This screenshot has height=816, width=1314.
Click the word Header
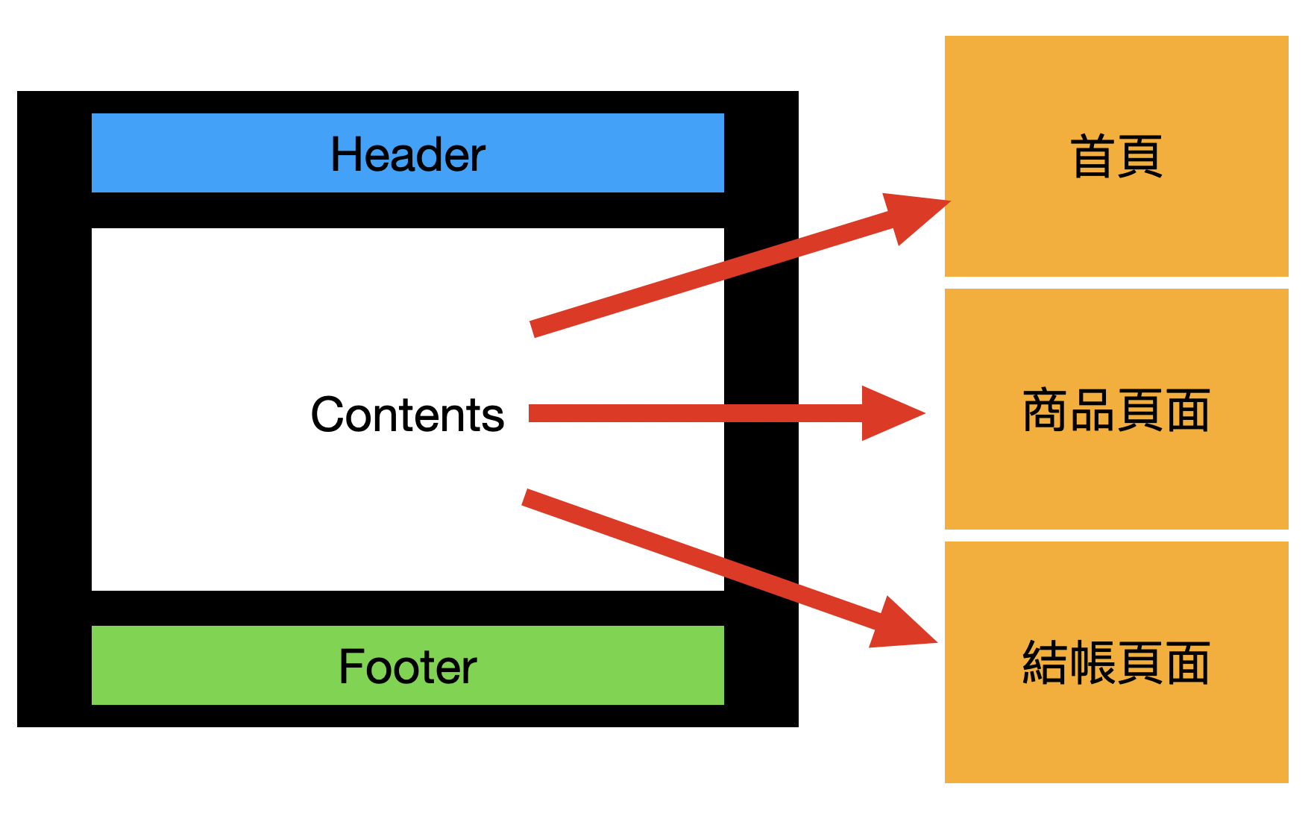pos(407,154)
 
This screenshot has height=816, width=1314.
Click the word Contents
pos(407,415)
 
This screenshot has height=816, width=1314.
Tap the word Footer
pos(407,666)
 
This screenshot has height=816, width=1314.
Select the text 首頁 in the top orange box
pos(1116,157)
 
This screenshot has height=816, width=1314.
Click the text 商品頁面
pos(1116,410)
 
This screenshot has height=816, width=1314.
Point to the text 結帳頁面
pos(1116,663)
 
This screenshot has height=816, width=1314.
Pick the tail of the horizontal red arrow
pos(534,413)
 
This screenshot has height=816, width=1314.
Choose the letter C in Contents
pos(327,415)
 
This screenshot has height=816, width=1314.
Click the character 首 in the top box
pos(1093,157)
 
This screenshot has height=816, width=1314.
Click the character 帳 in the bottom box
pos(1093,663)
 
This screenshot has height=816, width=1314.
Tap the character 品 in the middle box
pos(1093,410)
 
